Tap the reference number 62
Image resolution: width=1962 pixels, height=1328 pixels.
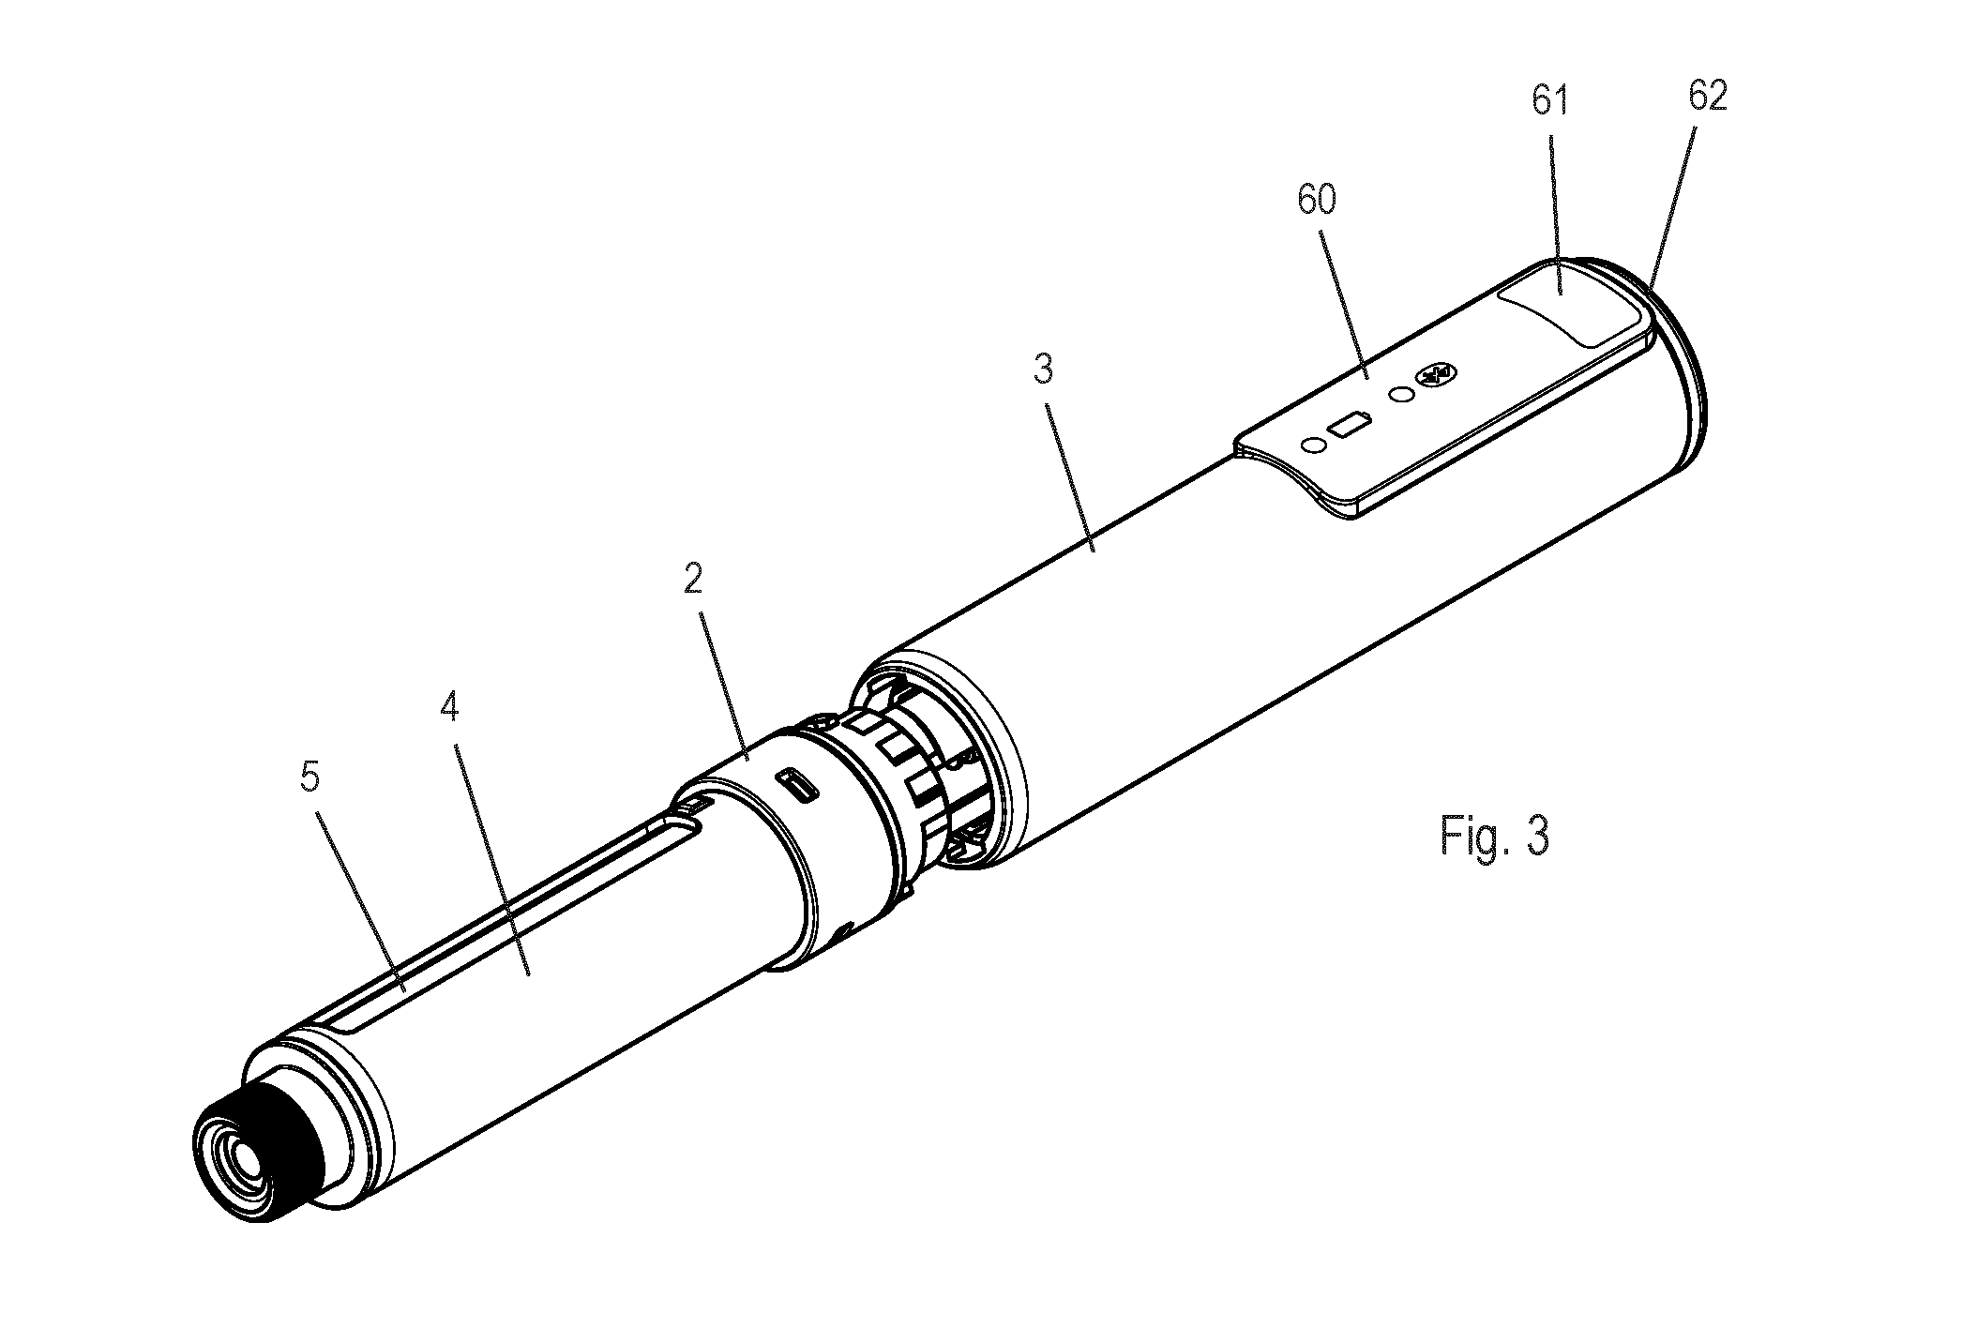[1706, 97]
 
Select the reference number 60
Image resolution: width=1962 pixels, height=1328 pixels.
[1317, 199]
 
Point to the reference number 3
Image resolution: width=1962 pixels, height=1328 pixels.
[1044, 370]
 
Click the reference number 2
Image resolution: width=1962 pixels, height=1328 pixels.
[692, 581]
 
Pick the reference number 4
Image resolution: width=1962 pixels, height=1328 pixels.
[449, 707]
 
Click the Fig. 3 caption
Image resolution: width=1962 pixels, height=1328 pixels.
[1494, 835]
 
